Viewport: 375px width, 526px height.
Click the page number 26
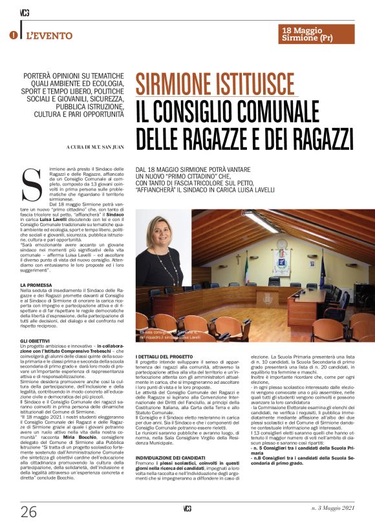[x=28, y=511]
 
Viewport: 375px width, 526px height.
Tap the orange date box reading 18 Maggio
[x=317, y=34]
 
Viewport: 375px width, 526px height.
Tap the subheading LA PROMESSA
[x=37, y=284]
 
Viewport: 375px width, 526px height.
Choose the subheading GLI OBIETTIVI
[x=36, y=340]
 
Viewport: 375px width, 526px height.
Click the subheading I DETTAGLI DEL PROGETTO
[x=166, y=357]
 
